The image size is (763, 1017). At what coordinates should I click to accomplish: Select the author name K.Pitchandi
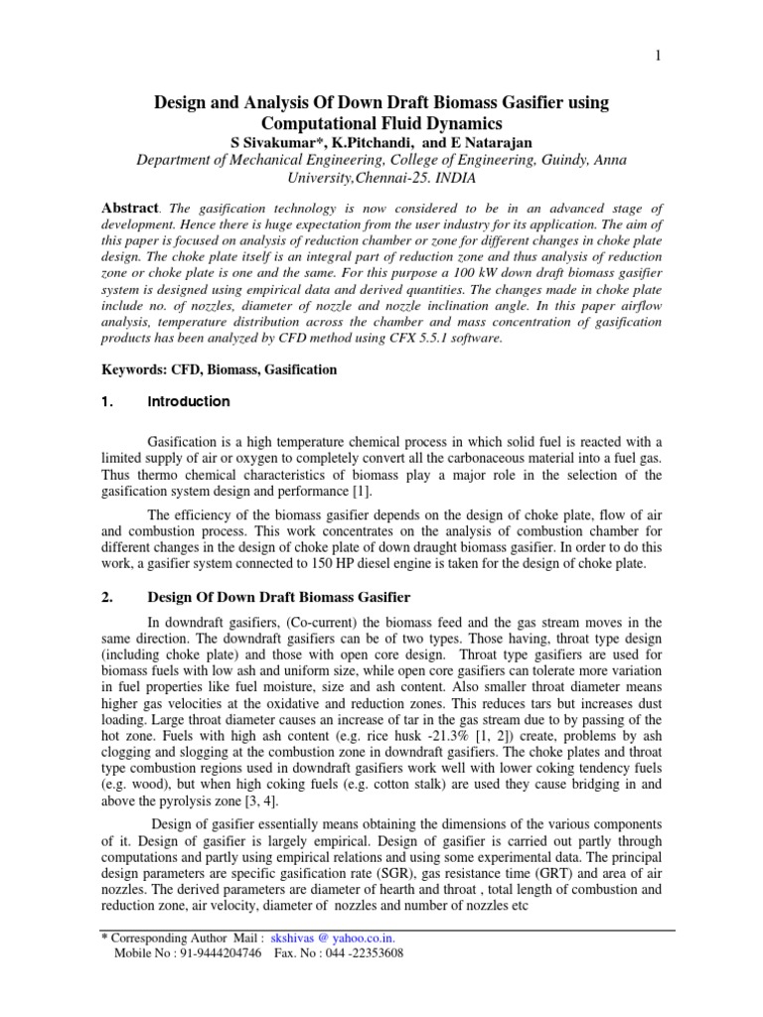coord(366,143)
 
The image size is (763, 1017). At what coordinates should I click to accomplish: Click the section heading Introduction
coord(189,402)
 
